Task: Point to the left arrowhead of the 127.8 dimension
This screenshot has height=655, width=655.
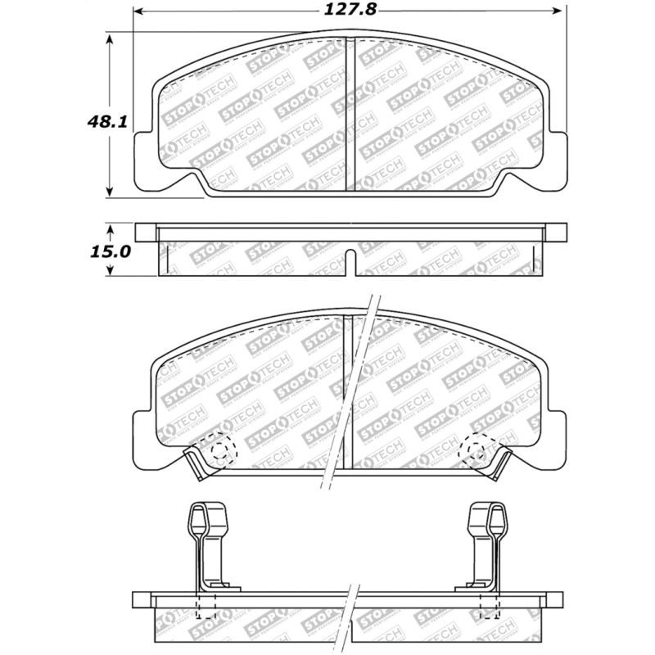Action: (x=139, y=12)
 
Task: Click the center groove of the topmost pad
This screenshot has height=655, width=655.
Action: (x=350, y=115)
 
